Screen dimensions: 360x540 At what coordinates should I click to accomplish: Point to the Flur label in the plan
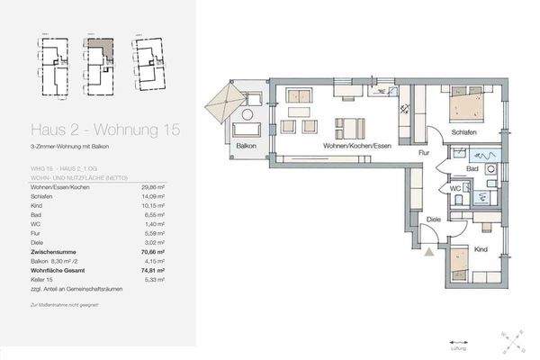click(x=423, y=153)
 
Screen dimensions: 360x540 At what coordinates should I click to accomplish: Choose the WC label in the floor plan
click(x=457, y=188)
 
